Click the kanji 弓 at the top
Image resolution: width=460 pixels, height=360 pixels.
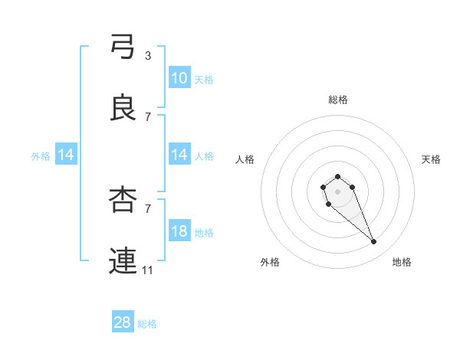coord(123,47)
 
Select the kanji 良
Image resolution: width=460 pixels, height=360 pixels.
coord(123,108)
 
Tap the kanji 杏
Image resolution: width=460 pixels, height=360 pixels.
coord(123,200)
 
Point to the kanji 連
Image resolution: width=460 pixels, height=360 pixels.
coord(123,261)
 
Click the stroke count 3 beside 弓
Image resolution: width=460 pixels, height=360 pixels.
coord(148,55)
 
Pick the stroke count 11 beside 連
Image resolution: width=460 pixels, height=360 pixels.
coord(148,270)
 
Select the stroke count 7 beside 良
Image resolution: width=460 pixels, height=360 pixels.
coord(148,116)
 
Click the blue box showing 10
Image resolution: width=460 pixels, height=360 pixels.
coord(179,78)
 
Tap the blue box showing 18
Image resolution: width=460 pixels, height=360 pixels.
coord(179,231)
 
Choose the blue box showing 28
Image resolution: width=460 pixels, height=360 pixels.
coord(123,322)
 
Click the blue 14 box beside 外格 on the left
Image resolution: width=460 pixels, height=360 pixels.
coord(66,155)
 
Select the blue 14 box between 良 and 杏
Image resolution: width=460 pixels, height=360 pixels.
coord(179,155)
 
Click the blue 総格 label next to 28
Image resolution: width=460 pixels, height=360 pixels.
coord(147,324)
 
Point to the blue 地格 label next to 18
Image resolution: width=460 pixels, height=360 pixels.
coord(204,232)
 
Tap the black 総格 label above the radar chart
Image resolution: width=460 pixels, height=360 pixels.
coord(338,100)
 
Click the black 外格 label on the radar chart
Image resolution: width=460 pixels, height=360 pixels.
coord(270,262)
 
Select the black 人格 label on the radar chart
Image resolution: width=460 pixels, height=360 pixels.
coord(245,159)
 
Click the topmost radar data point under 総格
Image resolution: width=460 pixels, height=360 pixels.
coord(338,177)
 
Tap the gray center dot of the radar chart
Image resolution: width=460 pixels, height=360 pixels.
coord(338,191)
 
